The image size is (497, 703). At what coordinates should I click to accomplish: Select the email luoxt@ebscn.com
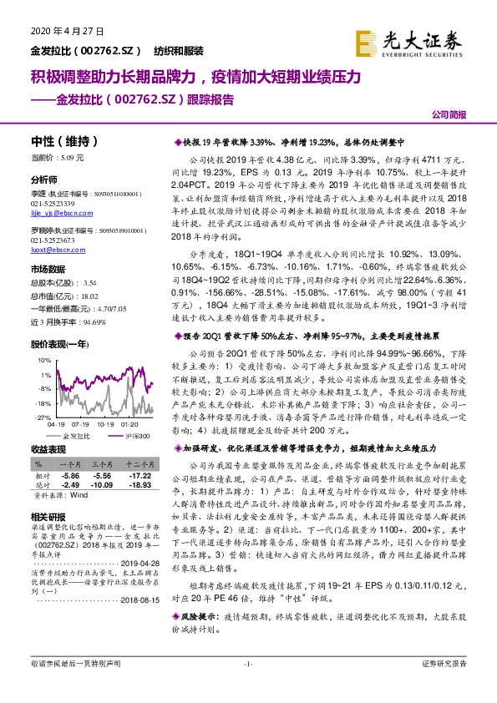click(x=56, y=249)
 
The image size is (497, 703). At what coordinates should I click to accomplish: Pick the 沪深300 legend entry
click(x=137, y=435)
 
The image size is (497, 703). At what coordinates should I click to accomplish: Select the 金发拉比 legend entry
click(x=76, y=435)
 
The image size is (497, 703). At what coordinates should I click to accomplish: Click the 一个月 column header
click(x=69, y=462)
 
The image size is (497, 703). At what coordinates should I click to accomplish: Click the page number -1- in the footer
click(x=247, y=686)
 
